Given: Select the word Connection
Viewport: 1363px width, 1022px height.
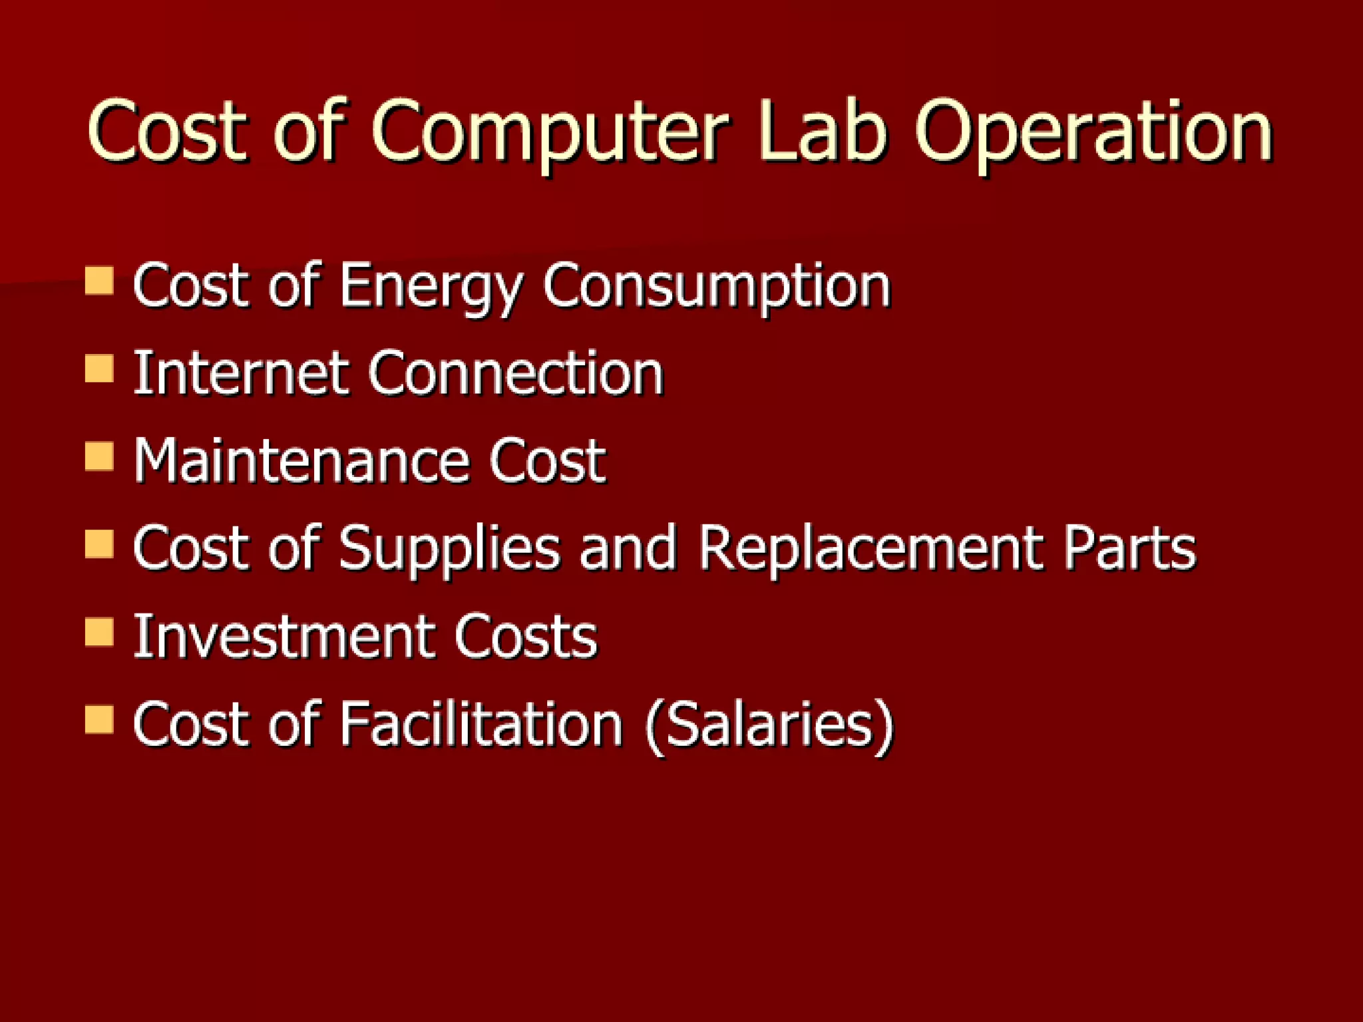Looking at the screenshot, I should (516, 373).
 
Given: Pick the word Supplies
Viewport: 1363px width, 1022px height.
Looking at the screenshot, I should (449, 549).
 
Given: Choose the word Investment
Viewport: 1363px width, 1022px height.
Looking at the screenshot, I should (285, 637).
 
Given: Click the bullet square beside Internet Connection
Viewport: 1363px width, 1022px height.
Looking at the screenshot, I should (100, 368).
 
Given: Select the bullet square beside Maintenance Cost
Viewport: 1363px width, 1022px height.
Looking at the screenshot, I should (100, 456).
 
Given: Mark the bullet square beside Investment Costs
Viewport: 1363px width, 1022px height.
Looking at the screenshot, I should (100, 632).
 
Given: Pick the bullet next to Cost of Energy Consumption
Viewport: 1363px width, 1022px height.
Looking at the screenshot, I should (100, 280).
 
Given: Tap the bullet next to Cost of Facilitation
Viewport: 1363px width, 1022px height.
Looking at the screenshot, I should (100, 720).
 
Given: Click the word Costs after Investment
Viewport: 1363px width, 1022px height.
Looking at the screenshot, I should (526, 637).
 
